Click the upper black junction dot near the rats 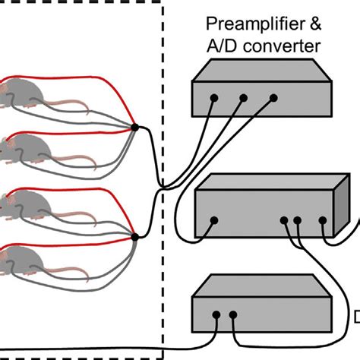[x=134, y=128]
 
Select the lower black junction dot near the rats [x=134, y=238]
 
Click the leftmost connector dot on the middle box [x=214, y=221]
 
